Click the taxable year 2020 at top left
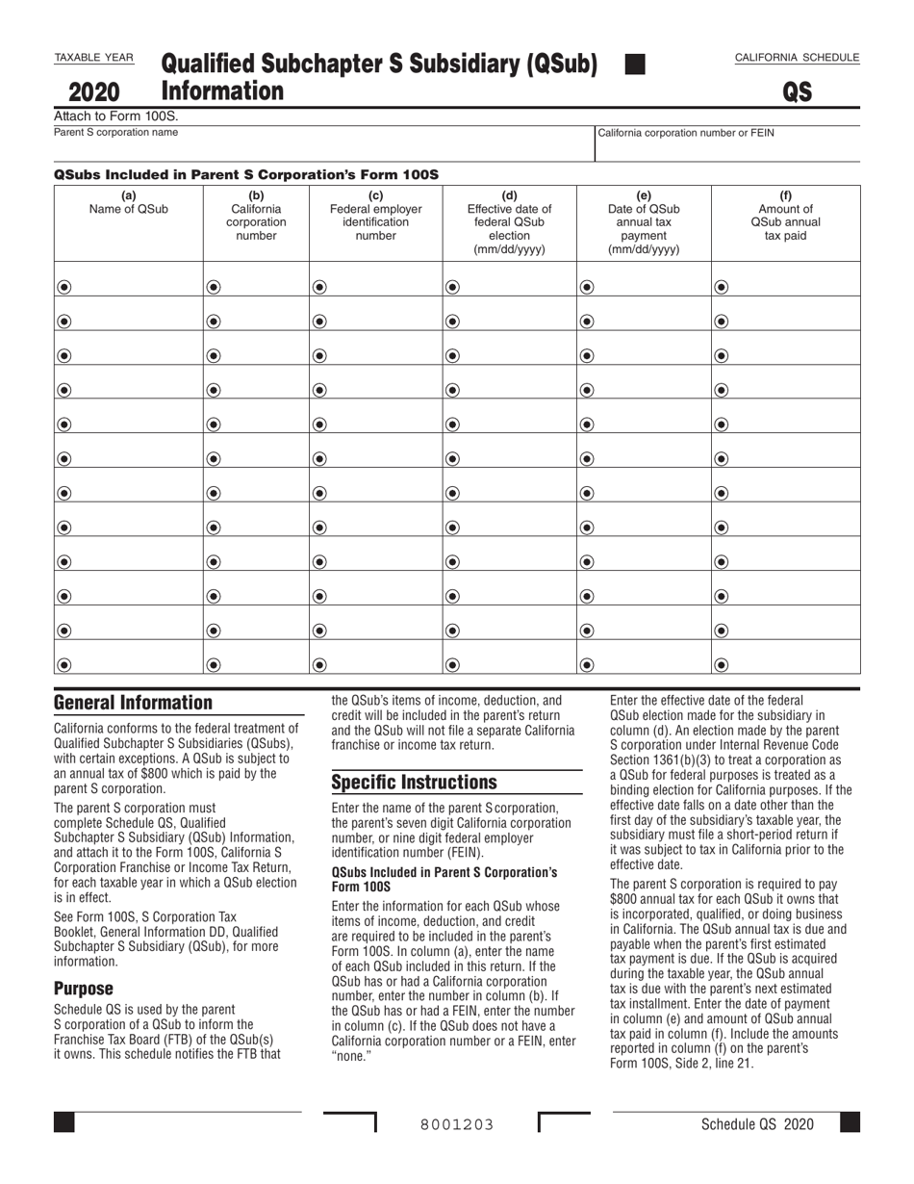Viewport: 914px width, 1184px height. click(94, 92)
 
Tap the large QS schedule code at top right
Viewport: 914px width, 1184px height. click(797, 92)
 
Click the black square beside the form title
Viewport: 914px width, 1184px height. click(634, 64)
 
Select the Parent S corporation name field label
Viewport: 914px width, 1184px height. click(115, 132)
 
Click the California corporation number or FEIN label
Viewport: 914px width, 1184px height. click(686, 133)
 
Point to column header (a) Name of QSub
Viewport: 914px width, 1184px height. click(128, 202)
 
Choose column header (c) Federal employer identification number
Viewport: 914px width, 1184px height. click(375, 216)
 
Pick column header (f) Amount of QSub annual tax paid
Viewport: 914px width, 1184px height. click(785, 216)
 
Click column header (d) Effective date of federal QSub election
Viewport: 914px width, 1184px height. click(509, 222)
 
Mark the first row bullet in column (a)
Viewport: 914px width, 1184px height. click(64, 287)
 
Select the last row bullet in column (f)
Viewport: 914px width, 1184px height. click(721, 664)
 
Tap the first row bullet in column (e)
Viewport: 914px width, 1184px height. click(587, 287)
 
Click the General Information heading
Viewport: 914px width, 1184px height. click(133, 703)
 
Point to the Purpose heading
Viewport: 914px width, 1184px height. click(84, 989)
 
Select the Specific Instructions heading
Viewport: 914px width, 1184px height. click(415, 782)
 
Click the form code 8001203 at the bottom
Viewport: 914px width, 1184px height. click(457, 1124)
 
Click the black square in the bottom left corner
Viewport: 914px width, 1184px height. click(64, 1122)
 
